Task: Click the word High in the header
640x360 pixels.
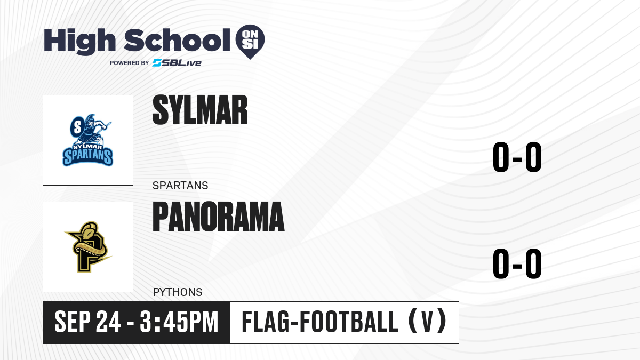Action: (x=79, y=41)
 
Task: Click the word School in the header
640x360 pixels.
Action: (x=177, y=40)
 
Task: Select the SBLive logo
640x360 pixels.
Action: (x=177, y=63)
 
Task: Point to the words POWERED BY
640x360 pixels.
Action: (x=130, y=63)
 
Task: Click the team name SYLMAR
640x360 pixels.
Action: (x=200, y=110)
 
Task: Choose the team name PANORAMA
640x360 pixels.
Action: (x=219, y=217)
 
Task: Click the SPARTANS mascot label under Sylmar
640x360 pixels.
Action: (x=180, y=186)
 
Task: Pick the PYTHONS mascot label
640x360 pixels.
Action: (x=178, y=292)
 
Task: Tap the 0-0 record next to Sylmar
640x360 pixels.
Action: (x=517, y=157)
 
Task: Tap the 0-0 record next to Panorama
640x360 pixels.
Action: (x=517, y=263)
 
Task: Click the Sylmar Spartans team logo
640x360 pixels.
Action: (x=88, y=140)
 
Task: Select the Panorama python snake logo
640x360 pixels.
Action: (x=88, y=247)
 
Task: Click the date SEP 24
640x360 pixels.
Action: (x=87, y=322)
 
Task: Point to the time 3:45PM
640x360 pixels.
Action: (x=179, y=322)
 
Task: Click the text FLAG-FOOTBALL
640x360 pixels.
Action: (x=320, y=322)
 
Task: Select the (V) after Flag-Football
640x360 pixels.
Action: (x=427, y=321)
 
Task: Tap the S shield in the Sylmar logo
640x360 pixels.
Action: (x=77, y=127)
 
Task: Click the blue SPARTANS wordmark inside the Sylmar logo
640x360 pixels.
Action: (x=88, y=157)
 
